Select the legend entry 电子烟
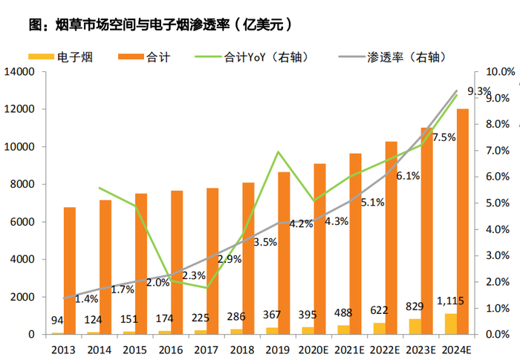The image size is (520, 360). (x=74, y=56)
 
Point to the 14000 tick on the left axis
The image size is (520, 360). (x=22, y=72)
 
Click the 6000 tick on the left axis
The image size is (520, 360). (x=25, y=222)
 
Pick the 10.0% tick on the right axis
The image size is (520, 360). (x=499, y=72)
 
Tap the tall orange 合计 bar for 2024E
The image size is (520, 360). (x=462, y=221)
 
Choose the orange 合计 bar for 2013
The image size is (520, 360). (x=69, y=270)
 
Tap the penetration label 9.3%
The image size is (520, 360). (x=479, y=91)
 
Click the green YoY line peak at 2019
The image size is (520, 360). (x=278, y=152)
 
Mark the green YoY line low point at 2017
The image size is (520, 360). (x=207, y=288)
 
